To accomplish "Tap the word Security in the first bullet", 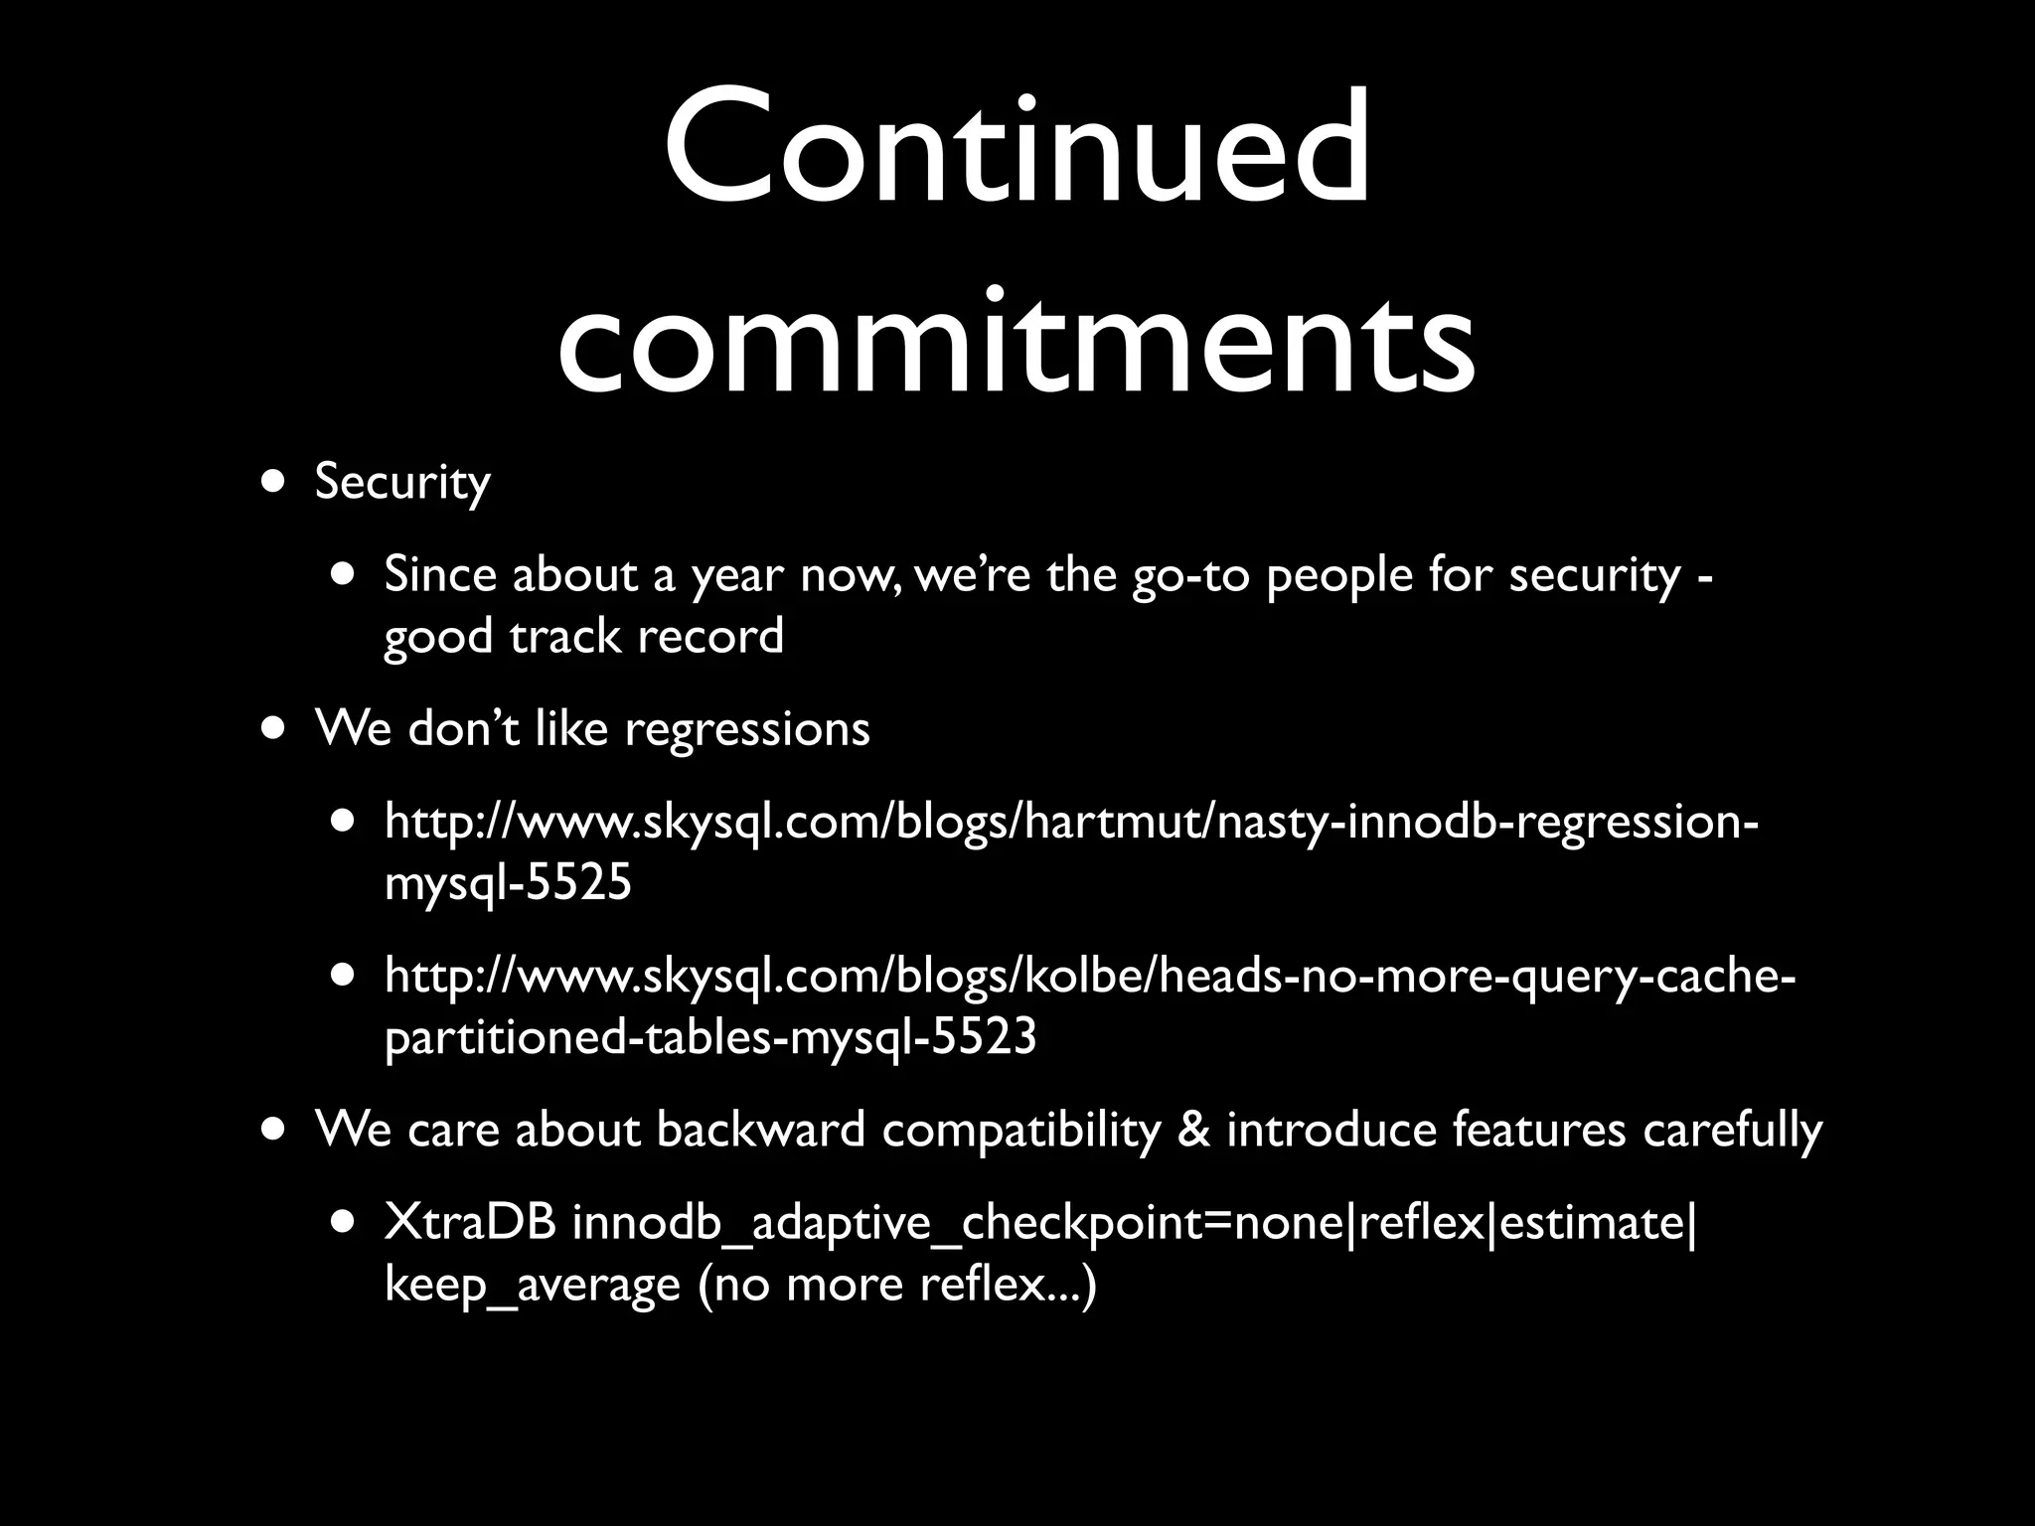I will (x=402, y=483).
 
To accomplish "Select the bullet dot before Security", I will (x=271, y=482).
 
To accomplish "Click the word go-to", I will (x=1190, y=575).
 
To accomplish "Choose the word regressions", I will (x=746, y=729).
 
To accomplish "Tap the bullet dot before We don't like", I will (x=271, y=727).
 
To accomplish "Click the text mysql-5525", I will (x=508, y=882).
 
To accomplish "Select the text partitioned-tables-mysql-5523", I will (x=710, y=1037).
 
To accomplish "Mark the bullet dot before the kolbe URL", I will (x=343, y=976).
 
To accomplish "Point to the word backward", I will (x=760, y=1130).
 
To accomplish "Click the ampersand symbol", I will (x=1192, y=1130).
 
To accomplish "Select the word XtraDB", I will (x=470, y=1223).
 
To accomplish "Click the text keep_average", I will (x=532, y=1286).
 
